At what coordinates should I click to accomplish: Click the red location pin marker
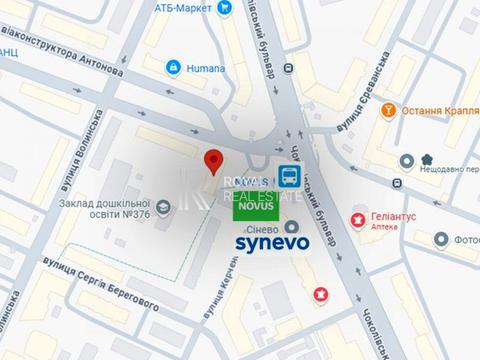tap(212, 162)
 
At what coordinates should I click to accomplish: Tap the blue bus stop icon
tap(290, 177)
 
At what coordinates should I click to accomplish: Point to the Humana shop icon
tap(173, 67)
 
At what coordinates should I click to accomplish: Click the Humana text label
tap(205, 67)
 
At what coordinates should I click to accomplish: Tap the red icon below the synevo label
tap(320, 295)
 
